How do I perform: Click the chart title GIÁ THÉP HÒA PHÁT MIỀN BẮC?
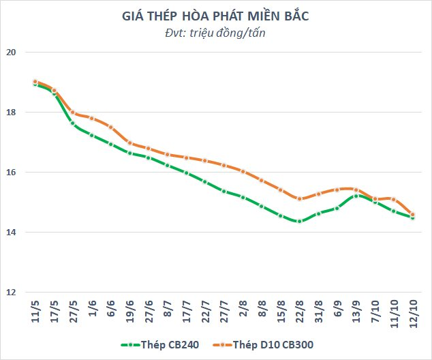tap(215, 16)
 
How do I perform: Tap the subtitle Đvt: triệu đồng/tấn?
tap(215, 33)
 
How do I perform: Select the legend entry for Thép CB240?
tap(160, 344)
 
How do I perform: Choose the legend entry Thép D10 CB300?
tap(264, 344)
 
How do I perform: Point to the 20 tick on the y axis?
tap(11, 52)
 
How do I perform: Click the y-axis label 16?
tap(11, 172)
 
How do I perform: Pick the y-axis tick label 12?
tap(11, 292)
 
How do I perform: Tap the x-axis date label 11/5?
tap(35, 312)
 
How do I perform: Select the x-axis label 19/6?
tap(129, 312)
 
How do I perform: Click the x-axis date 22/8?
tap(300, 312)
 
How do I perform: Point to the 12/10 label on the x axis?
tap(413, 314)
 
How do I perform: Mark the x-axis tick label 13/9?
tap(356, 312)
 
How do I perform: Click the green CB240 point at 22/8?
tap(300, 221)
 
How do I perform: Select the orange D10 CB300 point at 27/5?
tap(73, 112)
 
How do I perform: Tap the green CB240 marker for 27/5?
tap(73, 123)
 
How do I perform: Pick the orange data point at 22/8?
tap(300, 198)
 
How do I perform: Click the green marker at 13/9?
tap(356, 196)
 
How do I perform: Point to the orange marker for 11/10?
tap(394, 199)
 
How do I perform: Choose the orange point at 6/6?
tap(111, 127)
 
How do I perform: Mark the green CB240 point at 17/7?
tap(186, 173)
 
